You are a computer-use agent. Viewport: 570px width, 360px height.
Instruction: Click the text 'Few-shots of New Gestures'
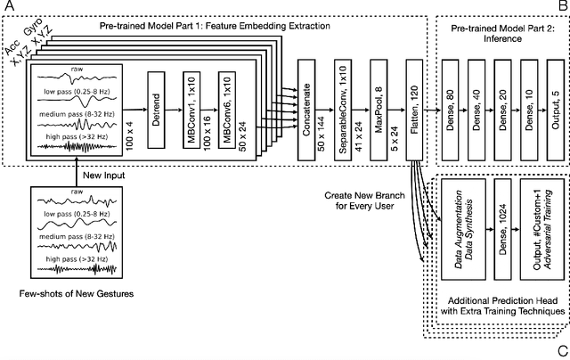coord(75,292)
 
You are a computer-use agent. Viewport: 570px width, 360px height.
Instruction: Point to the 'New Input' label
coord(103,175)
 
